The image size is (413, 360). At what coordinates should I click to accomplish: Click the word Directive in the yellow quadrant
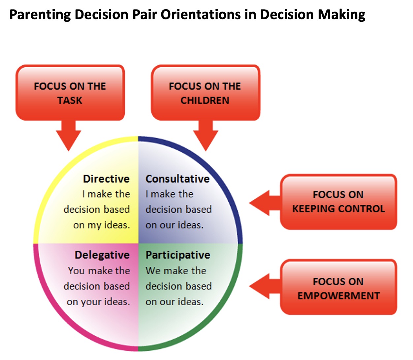(106, 179)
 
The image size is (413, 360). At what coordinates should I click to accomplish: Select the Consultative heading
(177, 179)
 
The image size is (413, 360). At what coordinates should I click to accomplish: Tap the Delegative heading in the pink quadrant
(102, 255)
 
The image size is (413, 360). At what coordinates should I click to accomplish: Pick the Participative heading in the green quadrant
(178, 255)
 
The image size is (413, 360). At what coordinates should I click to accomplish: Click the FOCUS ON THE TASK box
(70, 93)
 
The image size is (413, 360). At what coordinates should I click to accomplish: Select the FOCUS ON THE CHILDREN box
(205, 93)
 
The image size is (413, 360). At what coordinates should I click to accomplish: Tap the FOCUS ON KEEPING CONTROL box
(338, 201)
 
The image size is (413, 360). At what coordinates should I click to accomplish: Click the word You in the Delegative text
(76, 271)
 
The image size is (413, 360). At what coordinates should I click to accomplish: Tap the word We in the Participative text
(153, 271)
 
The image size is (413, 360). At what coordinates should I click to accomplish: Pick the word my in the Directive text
(94, 225)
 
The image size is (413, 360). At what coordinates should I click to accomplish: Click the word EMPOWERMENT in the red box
(338, 296)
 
